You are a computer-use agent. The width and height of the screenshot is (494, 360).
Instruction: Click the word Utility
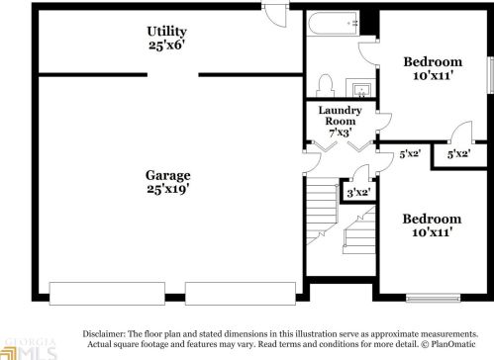(x=167, y=31)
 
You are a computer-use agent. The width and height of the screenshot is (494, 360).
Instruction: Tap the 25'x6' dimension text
(x=167, y=45)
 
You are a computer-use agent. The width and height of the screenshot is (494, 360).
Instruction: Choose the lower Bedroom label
(x=432, y=218)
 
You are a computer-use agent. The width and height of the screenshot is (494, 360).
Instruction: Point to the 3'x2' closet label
(x=357, y=192)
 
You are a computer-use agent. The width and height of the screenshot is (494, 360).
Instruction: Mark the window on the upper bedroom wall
(x=490, y=80)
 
